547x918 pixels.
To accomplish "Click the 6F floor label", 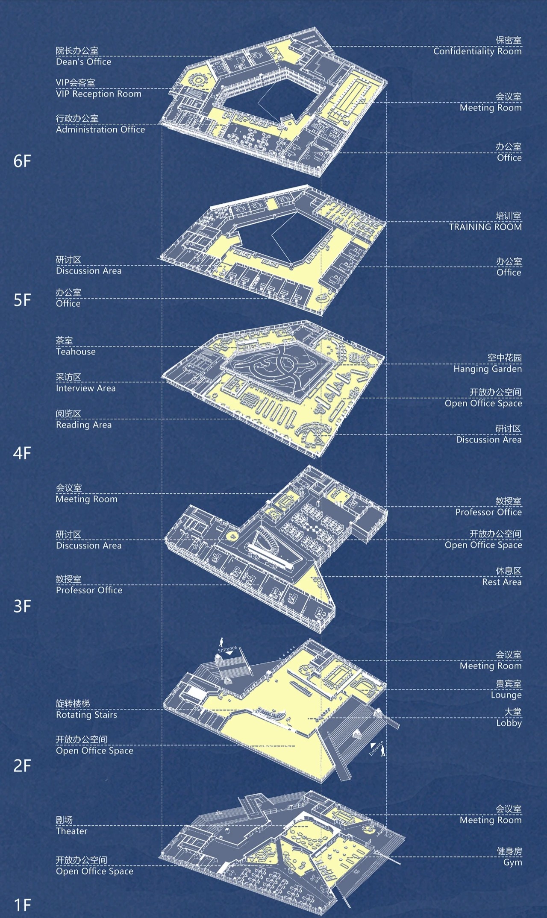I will [22, 161].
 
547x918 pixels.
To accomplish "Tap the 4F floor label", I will [22, 453].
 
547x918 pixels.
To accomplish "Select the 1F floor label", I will [22, 904].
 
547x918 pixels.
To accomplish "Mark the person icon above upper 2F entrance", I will [221, 642].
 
